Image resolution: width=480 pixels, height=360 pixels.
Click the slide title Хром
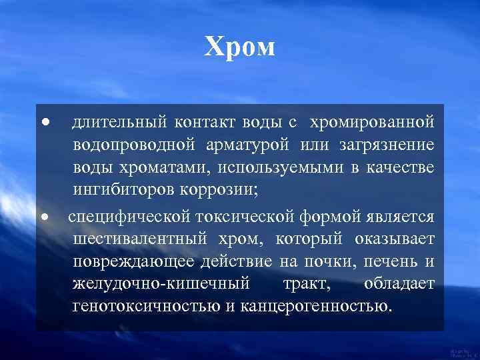[239, 47]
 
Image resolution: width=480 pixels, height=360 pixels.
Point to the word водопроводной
[134, 145]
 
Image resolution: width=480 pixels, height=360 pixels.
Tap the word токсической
[249, 217]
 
